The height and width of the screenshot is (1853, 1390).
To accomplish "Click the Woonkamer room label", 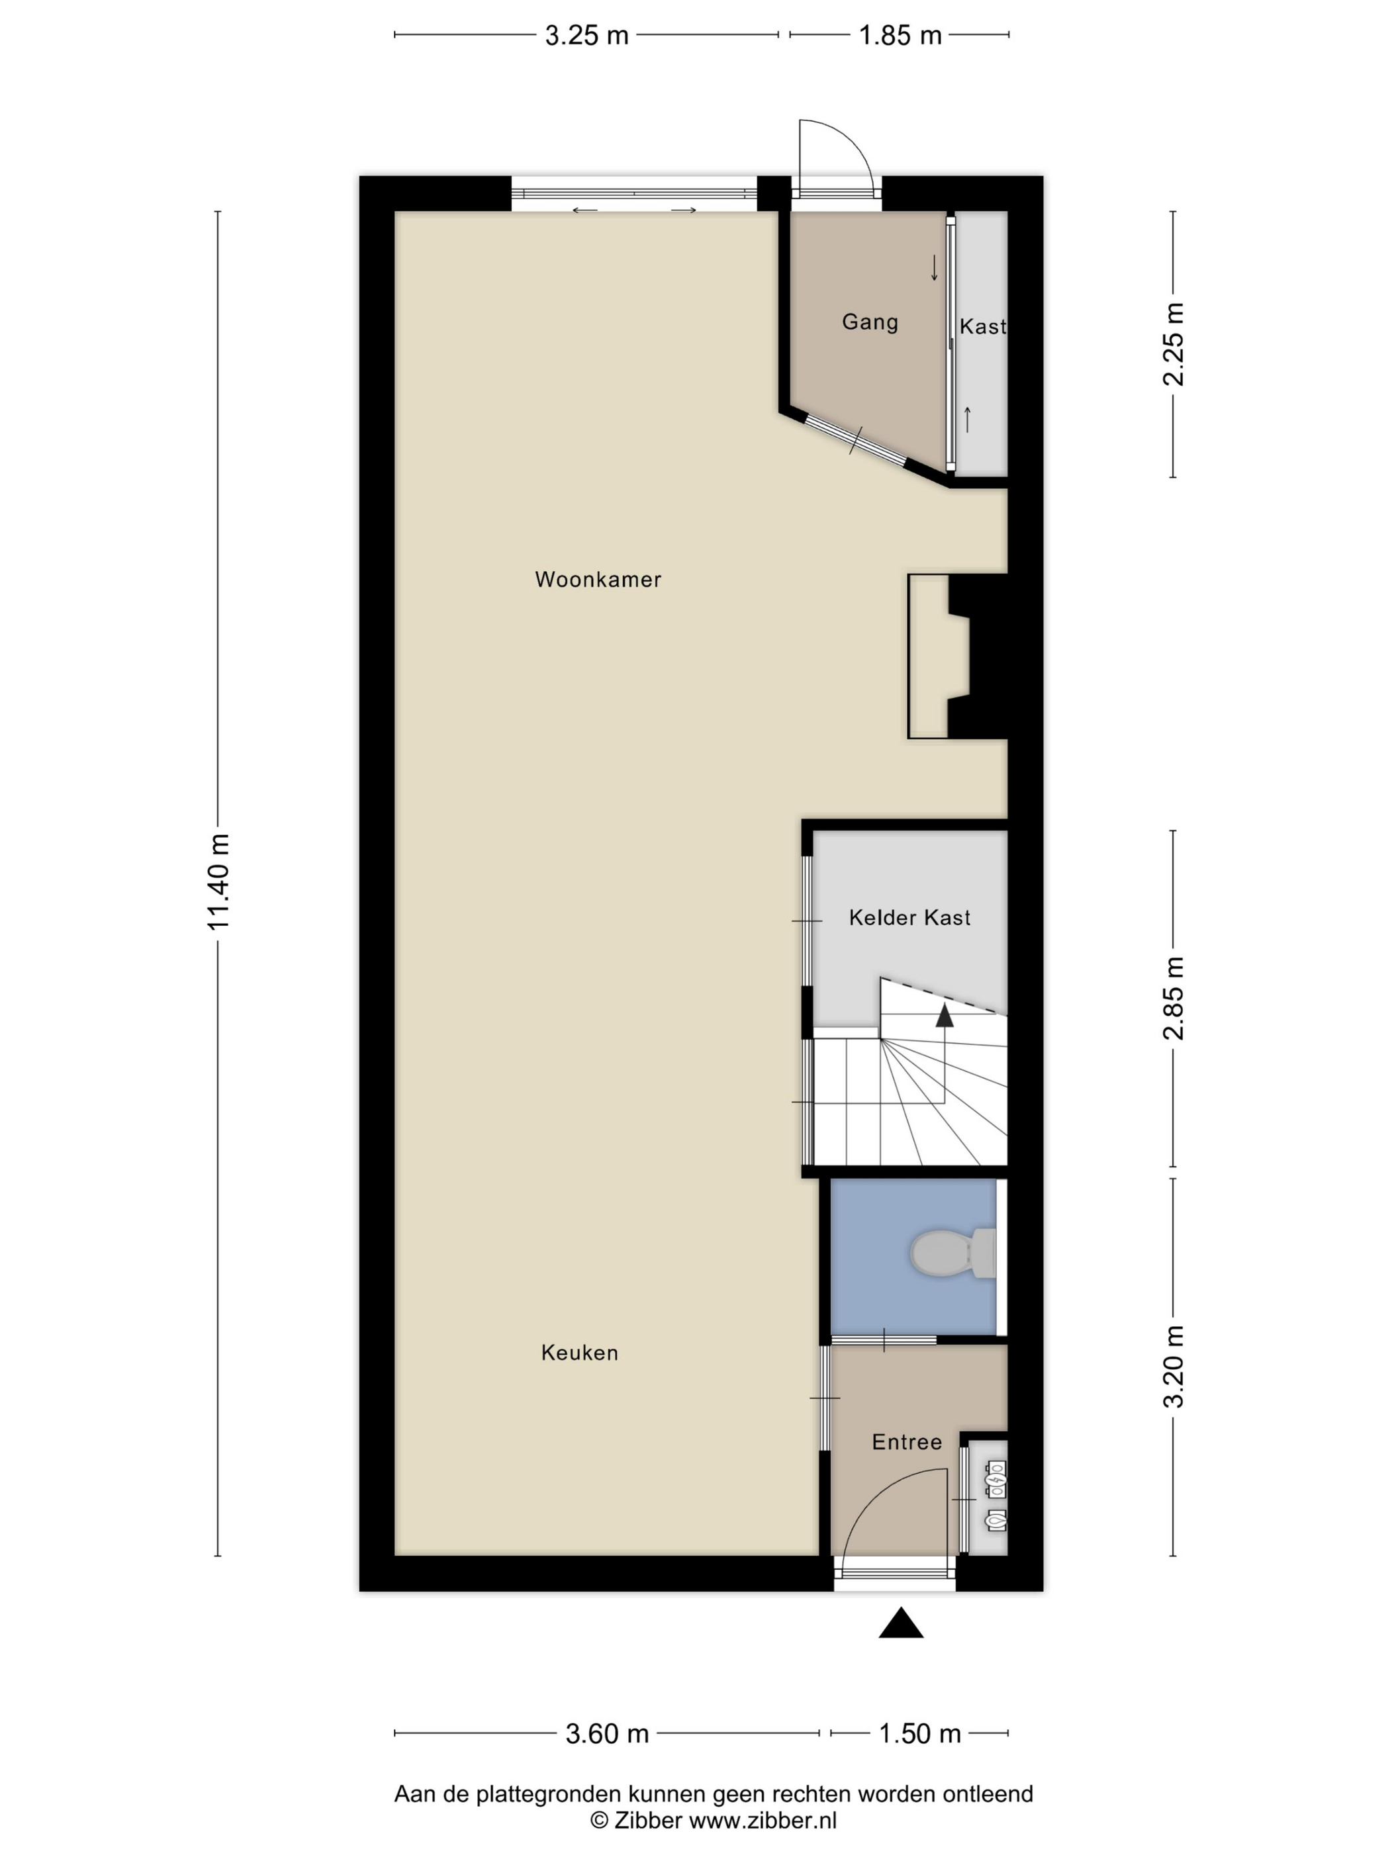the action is click(598, 579).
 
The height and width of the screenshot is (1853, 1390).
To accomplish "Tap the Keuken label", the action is click(579, 1352).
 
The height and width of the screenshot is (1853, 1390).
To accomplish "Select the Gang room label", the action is click(870, 322).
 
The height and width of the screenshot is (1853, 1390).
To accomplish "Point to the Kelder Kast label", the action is click(909, 917).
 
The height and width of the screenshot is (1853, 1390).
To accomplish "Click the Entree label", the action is click(907, 1441).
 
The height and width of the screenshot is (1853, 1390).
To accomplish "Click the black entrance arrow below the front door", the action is click(901, 1623).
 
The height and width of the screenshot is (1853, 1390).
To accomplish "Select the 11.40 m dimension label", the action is click(218, 882).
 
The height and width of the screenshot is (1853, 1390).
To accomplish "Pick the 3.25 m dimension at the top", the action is click(586, 35).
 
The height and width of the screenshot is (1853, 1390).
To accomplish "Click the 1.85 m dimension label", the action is click(900, 35).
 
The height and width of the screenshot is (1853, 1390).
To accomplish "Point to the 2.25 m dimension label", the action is click(1173, 344).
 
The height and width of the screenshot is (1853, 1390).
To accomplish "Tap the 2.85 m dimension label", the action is click(1173, 998).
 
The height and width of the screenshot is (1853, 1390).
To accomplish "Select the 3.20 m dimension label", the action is click(1173, 1367).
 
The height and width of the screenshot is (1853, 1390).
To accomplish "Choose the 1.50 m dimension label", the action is click(919, 1733).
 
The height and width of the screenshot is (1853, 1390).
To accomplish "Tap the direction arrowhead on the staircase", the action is click(945, 1015).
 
